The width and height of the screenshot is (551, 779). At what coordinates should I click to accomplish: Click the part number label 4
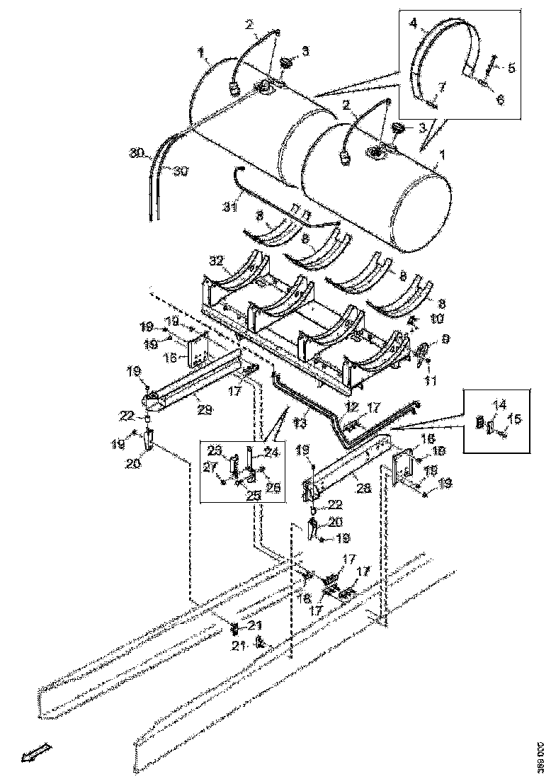pos(414,23)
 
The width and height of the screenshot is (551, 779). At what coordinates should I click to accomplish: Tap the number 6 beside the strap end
pos(500,101)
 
